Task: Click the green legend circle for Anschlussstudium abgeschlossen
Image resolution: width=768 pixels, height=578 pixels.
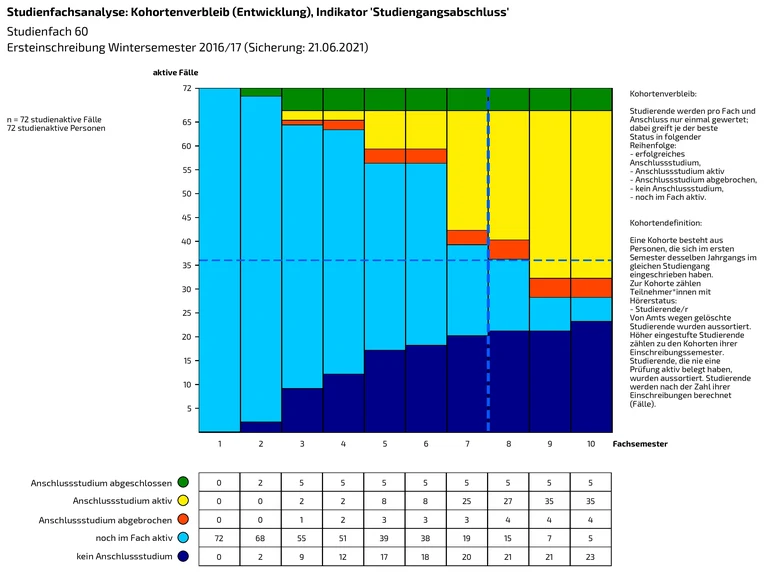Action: click(183, 482)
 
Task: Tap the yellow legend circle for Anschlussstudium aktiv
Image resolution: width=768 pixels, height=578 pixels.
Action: click(183, 501)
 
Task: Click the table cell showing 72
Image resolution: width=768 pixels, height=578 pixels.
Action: click(219, 539)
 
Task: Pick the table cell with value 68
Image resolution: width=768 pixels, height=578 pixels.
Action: click(261, 539)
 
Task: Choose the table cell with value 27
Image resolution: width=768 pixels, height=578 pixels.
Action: click(508, 501)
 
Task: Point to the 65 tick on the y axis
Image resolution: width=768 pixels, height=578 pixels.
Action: click(186, 122)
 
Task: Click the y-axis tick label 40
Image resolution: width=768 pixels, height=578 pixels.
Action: click(186, 241)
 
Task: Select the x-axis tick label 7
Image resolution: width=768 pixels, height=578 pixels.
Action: click(467, 442)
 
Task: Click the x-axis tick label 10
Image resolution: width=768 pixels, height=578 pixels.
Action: click(590, 442)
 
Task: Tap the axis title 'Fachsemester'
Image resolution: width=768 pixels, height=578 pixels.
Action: click(640, 442)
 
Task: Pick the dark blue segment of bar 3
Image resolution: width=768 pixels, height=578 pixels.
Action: click(302, 410)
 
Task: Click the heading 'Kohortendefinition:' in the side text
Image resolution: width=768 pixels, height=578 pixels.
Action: click(666, 222)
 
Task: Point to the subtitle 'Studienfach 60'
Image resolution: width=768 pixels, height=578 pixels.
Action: click(46, 32)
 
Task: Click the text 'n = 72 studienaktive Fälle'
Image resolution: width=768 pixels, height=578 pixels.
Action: click(54, 120)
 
